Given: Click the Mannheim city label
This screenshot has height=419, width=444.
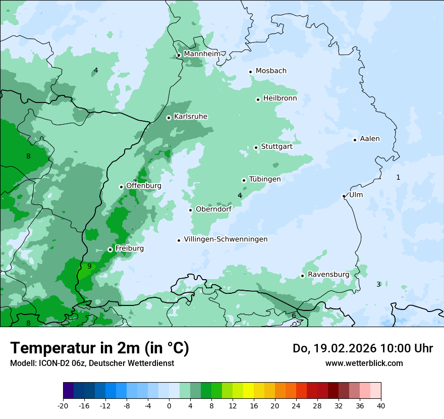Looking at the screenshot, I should coord(202,54).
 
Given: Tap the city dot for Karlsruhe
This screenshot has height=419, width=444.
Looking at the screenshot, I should coord(169,118).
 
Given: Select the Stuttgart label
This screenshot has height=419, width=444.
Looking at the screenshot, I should coord(276,146).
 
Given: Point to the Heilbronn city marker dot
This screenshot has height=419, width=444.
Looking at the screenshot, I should coord(258,99).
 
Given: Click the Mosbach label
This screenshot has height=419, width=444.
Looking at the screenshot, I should coord(271,71).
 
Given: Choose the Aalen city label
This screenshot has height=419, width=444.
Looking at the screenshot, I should coord(370,139).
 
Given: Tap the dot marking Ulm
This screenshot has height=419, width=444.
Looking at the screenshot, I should coord(344,196).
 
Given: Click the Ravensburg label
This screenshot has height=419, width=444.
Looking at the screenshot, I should coord(328,275).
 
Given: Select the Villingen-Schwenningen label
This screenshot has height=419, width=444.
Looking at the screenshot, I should coord(226,239).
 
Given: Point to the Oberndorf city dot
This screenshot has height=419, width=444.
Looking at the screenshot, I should coord(191,210).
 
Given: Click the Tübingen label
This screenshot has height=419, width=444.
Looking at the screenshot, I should coord(264,179).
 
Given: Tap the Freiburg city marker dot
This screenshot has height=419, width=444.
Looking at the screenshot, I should coord(110,249).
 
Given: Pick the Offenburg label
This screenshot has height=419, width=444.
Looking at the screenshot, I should coord(144,186).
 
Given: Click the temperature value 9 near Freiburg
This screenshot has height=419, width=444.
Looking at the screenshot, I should coord(89,266).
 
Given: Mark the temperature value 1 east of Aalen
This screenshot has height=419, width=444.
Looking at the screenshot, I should coord(398,177).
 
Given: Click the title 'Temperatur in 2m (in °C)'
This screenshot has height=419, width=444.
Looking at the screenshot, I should coord(100,348).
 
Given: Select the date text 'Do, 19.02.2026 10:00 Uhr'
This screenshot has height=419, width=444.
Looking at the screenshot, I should coord(362,348).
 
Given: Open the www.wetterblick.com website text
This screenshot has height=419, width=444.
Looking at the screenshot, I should coord(364,363).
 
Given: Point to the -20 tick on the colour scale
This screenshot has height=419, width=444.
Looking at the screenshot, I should coord(63,405).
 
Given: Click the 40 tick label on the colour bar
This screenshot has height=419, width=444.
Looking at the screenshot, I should coord(381,405).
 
